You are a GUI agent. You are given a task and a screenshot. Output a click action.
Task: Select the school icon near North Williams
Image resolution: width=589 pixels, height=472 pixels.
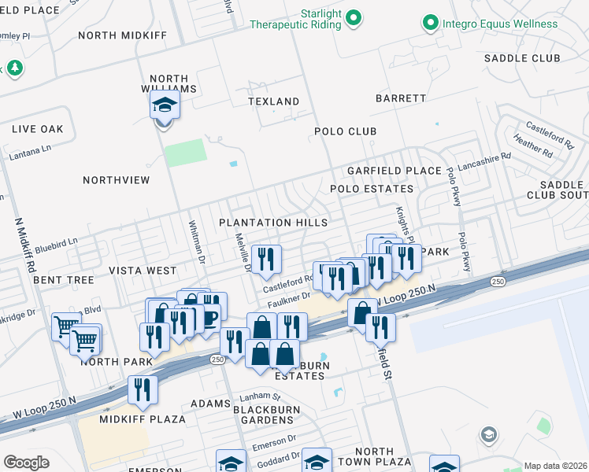coord(165,105)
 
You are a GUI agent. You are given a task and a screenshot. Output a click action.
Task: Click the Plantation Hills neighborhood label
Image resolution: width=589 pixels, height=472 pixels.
coord(273,223)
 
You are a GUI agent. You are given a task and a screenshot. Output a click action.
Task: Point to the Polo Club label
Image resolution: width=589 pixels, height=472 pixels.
coord(346,131)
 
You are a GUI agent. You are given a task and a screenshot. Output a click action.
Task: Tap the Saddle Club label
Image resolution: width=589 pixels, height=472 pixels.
coord(522,58)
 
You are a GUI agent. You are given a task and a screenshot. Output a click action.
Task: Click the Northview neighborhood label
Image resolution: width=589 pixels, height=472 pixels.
coord(116,180)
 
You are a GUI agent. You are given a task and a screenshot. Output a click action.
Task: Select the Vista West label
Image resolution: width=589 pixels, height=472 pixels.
coord(143,271)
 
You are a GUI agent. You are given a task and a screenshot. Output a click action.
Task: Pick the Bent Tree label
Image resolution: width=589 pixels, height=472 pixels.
coord(64,280)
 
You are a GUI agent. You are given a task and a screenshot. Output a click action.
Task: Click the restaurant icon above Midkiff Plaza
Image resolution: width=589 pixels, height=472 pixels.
coord(143,389)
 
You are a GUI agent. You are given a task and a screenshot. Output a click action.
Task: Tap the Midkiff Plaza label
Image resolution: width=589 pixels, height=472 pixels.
coord(142,419)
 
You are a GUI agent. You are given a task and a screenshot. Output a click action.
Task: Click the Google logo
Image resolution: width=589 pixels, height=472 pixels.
coord(26,462)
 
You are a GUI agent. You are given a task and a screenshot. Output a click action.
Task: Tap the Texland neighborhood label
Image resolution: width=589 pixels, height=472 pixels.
coord(273,101)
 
